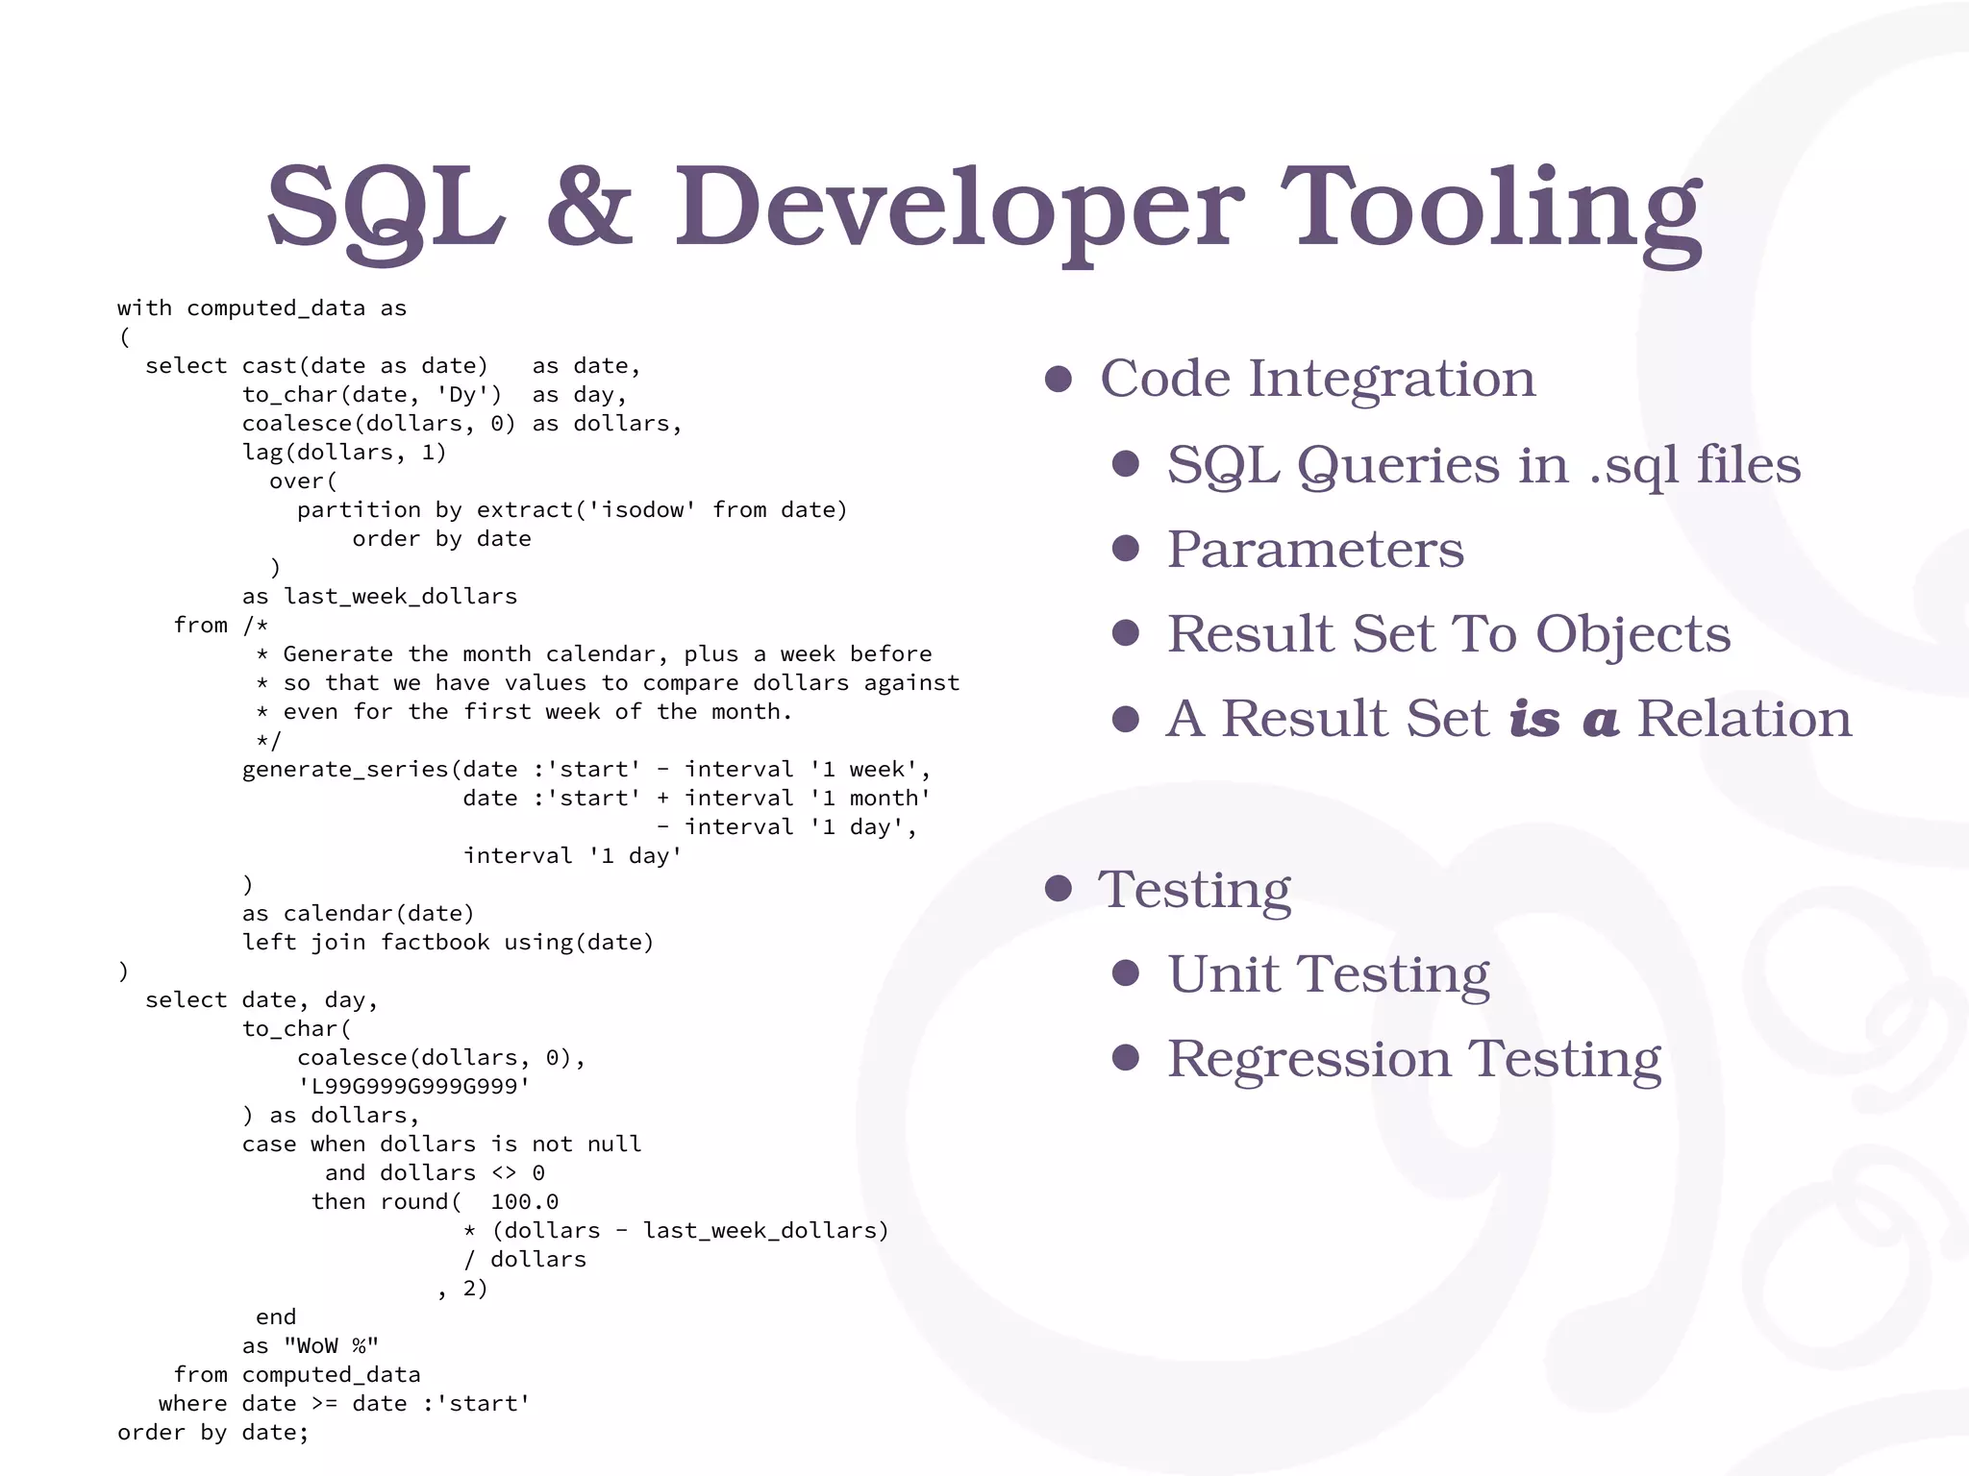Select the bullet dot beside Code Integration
(x=1058, y=379)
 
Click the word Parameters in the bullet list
(x=1315, y=550)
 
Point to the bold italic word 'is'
(x=1534, y=719)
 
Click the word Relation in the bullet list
(x=1744, y=719)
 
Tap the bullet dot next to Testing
(x=1058, y=889)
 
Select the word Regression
(x=1309, y=1059)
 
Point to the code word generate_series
(x=345, y=770)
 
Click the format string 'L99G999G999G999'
(x=414, y=1087)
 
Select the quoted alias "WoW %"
(x=331, y=1346)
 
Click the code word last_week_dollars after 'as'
(x=400, y=597)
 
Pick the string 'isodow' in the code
(x=642, y=510)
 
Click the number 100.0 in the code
(x=524, y=1202)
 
